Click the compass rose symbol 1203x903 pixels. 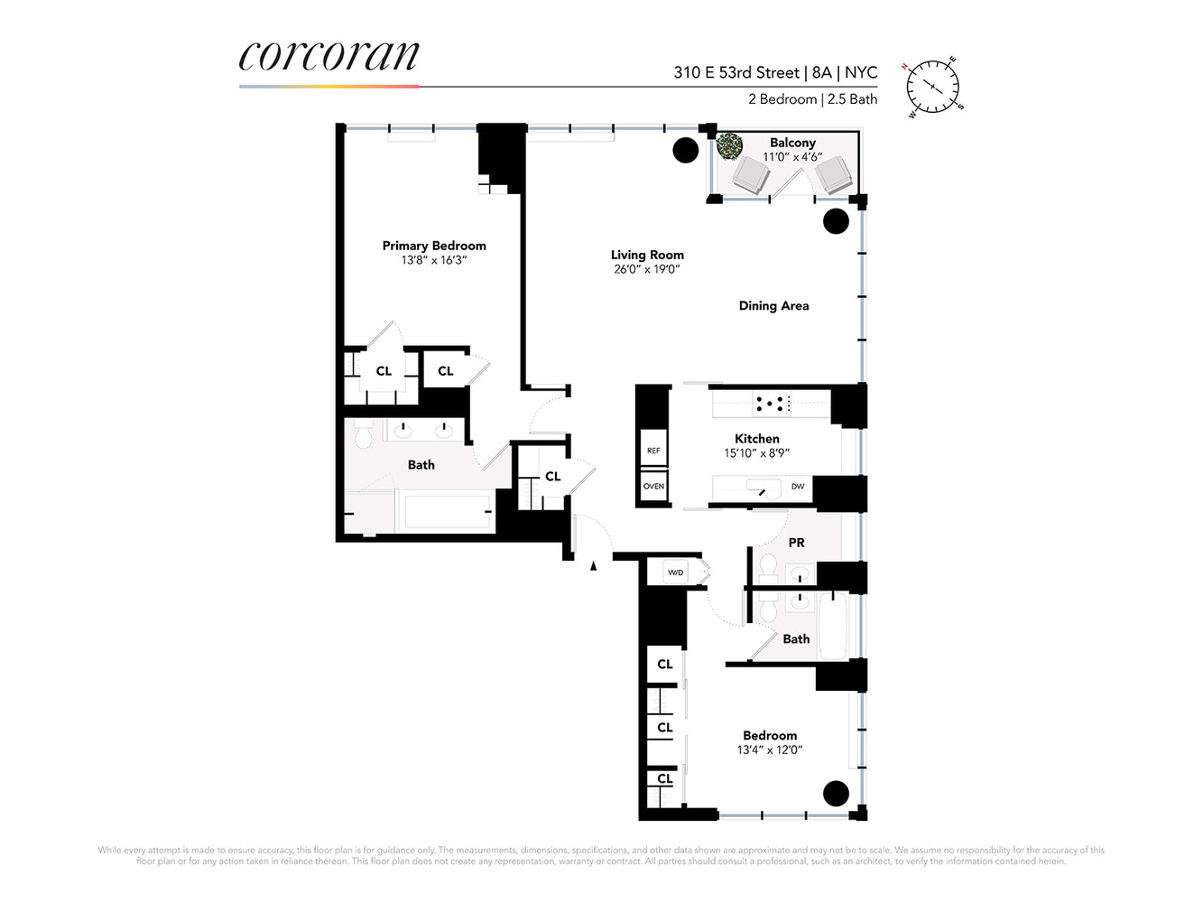tap(933, 88)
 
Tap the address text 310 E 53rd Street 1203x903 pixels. tap(736, 72)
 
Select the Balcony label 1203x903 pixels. tap(792, 143)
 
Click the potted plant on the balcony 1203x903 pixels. tap(729, 144)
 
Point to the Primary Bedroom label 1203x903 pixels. tap(433, 246)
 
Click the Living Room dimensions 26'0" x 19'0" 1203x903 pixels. tap(646, 269)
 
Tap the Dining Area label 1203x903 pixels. tap(773, 306)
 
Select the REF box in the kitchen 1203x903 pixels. tap(653, 451)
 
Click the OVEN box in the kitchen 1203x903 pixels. tap(653, 486)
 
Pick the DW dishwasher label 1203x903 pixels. tap(798, 487)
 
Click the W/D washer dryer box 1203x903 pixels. tap(675, 573)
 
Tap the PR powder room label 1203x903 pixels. tap(796, 543)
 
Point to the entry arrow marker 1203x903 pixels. tap(593, 566)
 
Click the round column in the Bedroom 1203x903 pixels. tap(837, 793)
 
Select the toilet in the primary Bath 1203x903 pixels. tap(364, 436)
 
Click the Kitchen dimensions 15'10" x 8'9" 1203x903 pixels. tap(756, 453)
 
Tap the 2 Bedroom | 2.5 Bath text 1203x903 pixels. tap(812, 99)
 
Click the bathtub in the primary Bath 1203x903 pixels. tap(447, 512)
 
